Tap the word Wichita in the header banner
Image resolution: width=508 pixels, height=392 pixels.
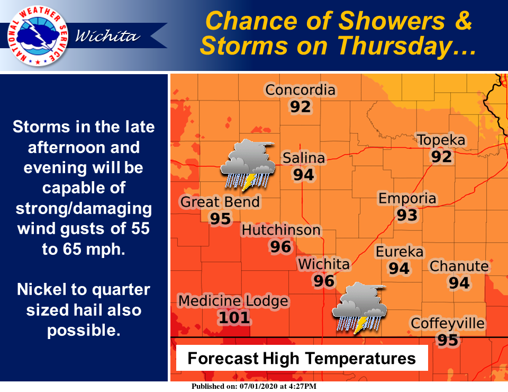(x=108, y=36)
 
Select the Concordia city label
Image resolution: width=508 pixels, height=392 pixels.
(x=300, y=90)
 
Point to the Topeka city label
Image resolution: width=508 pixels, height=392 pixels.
(x=441, y=140)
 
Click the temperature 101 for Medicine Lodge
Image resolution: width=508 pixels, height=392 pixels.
(x=233, y=318)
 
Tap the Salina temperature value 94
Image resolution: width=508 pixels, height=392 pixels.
(x=304, y=174)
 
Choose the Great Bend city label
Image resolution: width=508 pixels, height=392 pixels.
(x=220, y=202)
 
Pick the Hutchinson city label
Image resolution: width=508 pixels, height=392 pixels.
(x=281, y=230)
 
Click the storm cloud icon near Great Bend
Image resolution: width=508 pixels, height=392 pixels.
(x=247, y=164)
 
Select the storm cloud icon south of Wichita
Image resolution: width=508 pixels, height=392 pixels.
(x=359, y=308)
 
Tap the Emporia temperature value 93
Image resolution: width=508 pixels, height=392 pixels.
(x=407, y=215)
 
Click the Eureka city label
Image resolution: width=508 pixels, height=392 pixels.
(x=400, y=252)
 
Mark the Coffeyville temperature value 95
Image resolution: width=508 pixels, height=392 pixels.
(x=448, y=340)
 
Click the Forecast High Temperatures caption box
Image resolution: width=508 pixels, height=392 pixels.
(x=302, y=359)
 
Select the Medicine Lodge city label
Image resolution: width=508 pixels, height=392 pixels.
(x=233, y=301)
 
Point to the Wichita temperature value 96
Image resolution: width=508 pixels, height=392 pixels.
(x=324, y=280)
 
